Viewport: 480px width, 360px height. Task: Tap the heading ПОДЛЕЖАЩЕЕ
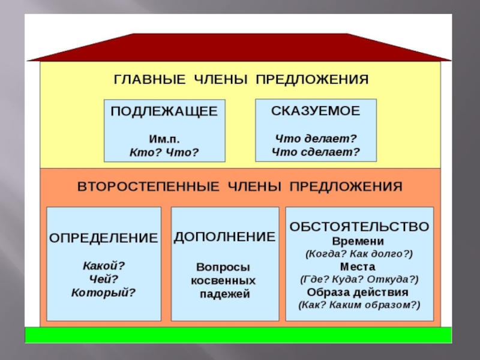164,112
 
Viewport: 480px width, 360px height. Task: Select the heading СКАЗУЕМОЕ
316,111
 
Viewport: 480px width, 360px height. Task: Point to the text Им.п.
164,139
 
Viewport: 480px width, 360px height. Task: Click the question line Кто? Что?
164,152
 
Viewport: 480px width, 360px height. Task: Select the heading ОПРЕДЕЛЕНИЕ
103,238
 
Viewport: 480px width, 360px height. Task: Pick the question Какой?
103,265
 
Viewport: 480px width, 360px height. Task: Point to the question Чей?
103,278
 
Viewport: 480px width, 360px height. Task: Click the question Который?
103,293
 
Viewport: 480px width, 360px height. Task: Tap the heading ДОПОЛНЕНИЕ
224,236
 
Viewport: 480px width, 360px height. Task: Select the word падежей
224,294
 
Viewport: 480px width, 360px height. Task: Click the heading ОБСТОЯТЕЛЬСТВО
359,226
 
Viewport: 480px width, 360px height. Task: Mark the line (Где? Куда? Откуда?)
359,279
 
